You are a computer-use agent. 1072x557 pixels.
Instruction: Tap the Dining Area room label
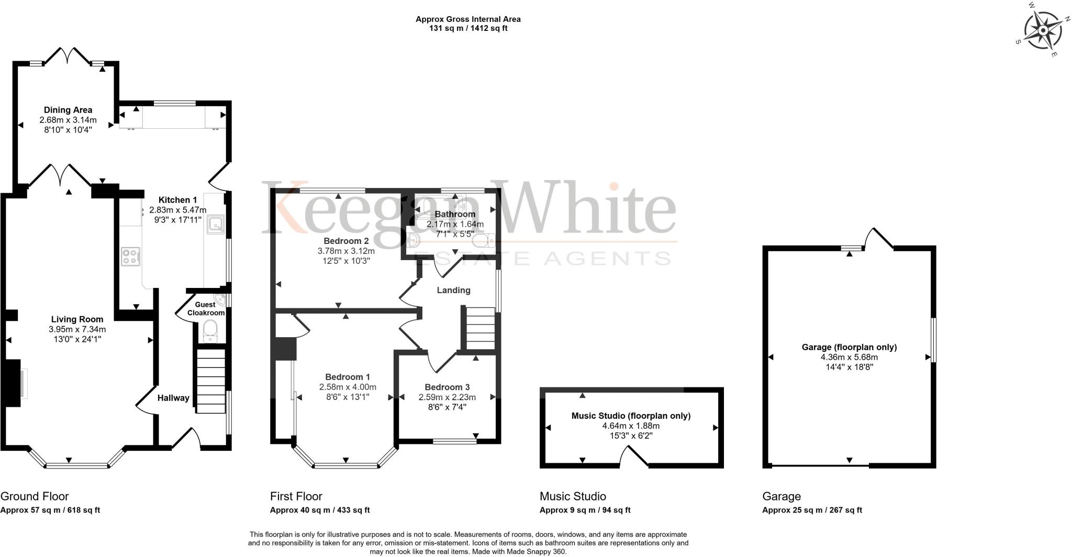pyautogui.click(x=68, y=110)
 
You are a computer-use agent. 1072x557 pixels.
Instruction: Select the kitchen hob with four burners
pyautogui.click(x=131, y=257)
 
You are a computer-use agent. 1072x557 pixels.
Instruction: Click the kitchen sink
pyautogui.click(x=216, y=224)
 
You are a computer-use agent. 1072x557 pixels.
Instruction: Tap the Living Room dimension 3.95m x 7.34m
pyautogui.click(x=77, y=329)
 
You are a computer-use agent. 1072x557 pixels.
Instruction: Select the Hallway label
pyautogui.click(x=173, y=398)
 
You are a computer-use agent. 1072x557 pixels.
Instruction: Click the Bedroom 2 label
pyautogui.click(x=346, y=241)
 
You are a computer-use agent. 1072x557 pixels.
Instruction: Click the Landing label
pyautogui.click(x=453, y=290)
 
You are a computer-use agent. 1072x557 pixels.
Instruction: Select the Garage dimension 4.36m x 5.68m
pyautogui.click(x=849, y=358)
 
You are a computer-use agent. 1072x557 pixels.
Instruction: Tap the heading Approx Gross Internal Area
pyautogui.click(x=468, y=19)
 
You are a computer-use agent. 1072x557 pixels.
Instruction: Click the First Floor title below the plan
pyautogui.click(x=296, y=496)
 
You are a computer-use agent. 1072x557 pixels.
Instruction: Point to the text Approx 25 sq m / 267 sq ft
pyautogui.click(x=812, y=510)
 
